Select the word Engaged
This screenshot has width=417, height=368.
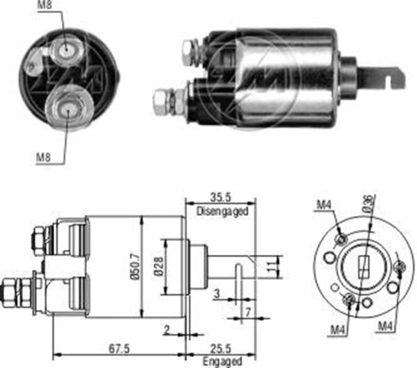222,362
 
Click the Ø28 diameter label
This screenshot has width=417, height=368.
159,265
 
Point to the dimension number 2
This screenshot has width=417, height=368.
167,328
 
